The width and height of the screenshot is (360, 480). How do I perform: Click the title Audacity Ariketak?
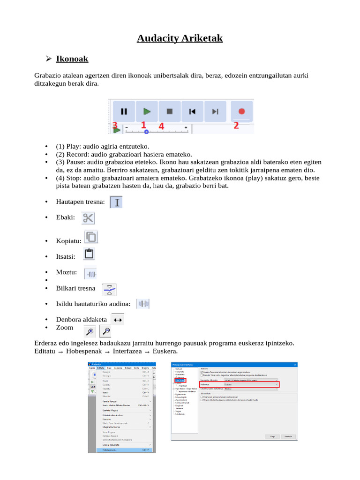(x=180, y=38)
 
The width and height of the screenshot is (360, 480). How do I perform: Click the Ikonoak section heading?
(x=72, y=59)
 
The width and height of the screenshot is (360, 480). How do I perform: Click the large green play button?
(x=147, y=112)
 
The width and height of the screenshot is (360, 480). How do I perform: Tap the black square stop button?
(x=170, y=112)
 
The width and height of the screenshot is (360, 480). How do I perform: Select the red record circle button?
(x=242, y=112)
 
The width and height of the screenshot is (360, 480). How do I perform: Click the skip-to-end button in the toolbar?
(x=215, y=112)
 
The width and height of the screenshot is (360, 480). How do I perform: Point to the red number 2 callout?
(x=236, y=125)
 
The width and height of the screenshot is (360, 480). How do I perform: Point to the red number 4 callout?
(x=161, y=126)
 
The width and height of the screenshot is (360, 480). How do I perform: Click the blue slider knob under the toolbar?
(x=147, y=132)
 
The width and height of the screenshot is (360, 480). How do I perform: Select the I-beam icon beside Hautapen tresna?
(x=116, y=202)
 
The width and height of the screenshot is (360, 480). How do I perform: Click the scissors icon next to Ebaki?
(x=88, y=218)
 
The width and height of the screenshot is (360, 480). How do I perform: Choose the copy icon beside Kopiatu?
(x=91, y=237)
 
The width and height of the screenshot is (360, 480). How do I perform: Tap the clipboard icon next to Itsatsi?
(x=89, y=254)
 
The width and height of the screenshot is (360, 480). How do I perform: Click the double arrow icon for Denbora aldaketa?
(x=118, y=320)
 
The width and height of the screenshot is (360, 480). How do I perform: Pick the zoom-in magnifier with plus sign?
(x=90, y=331)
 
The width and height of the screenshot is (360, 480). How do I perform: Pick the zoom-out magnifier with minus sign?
(x=106, y=331)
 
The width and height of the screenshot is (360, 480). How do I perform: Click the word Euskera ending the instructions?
(x=167, y=352)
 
